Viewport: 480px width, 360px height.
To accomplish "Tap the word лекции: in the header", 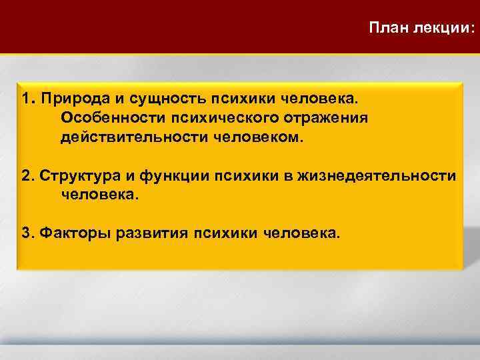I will [x=443, y=28].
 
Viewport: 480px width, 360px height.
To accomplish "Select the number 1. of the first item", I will [x=27, y=99].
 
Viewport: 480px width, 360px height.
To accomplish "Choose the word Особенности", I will [x=113, y=118].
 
